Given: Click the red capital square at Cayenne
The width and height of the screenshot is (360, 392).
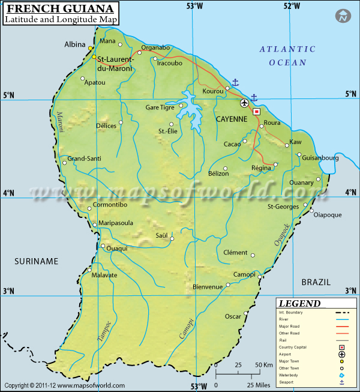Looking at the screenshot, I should (257, 112).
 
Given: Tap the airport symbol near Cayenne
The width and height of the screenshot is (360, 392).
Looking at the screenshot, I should (244, 103).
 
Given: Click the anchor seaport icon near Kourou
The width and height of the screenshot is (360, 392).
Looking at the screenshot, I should (235, 82).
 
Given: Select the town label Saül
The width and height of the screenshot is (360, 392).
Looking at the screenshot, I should (162, 235).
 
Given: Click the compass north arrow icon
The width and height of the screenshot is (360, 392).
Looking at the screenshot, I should (343, 17).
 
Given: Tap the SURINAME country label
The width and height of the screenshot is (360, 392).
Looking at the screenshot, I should (37, 261).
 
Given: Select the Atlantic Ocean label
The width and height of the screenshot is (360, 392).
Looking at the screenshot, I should (287, 55).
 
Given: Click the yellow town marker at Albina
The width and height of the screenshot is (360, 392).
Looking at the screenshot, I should (91, 49).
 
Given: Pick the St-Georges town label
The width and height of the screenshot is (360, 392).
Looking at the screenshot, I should (283, 207).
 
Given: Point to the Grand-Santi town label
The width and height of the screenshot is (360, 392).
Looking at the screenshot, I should (84, 158).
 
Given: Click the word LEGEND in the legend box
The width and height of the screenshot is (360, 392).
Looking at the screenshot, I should (300, 304).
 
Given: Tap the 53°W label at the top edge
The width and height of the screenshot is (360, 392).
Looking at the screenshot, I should (194, 5).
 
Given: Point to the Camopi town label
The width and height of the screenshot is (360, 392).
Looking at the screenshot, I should (244, 274).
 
